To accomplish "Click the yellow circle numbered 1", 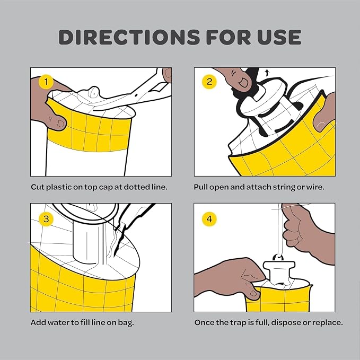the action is click(x=46, y=82).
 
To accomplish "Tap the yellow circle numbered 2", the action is click(x=209, y=82).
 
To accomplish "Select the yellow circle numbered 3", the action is click(x=46, y=219).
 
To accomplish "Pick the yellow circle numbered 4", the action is click(x=209, y=219).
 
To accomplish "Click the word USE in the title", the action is click(x=279, y=37).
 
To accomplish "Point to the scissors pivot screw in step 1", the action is click(x=136, y=95).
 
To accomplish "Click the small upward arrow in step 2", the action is click(x=267, y=73).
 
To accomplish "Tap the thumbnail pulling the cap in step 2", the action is click(x=243, y=82).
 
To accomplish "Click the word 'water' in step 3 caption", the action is click(x=58, y=322).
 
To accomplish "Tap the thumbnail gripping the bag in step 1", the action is click(x=60, y=124).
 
